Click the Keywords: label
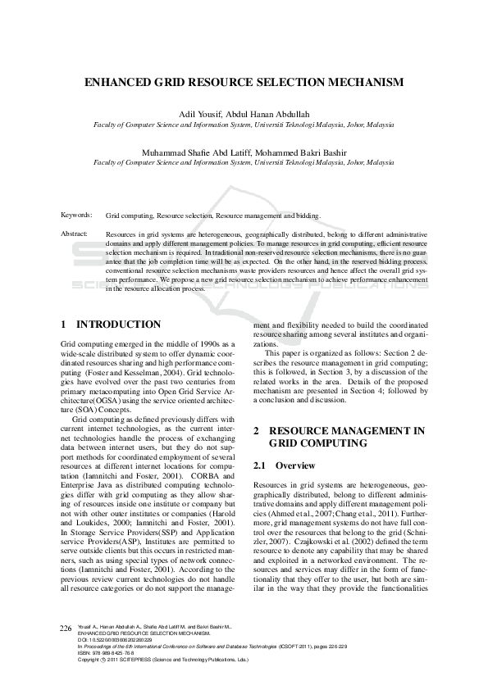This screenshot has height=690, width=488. click(76, 215)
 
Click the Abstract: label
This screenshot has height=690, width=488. click(75, 234)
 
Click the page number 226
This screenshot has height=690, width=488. click(66, 650)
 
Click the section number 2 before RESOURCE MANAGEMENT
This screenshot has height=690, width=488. click(257, 430)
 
